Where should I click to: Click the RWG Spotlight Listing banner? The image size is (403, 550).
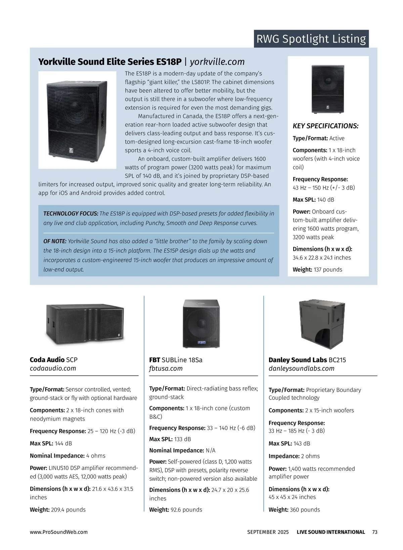(x=311, y=39)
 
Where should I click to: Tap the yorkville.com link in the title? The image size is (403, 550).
(x=217, y=62)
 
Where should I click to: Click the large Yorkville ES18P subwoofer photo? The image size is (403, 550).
(x=77, y=120)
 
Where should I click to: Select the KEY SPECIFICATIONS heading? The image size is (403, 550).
(x=325, y=126)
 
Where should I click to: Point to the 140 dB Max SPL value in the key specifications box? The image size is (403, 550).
(x=326, y=200)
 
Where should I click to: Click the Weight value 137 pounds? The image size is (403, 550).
(x=328, y=270)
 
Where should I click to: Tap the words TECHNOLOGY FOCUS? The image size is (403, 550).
(x=71, y=214)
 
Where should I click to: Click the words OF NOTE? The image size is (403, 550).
(x=55, y=241)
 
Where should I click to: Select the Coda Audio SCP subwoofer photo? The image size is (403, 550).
(x=85, y=324)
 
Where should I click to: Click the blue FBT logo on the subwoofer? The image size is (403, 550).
(x=201, y=342)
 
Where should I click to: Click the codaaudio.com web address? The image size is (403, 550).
(x=53, y=368)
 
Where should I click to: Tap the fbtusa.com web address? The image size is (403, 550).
(x=166, y=368)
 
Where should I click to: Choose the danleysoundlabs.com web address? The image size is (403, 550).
(x=301, y=368)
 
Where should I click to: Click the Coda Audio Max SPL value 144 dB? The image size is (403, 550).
(x=63, y=444)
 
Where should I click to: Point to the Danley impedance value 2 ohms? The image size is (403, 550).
(x=310, y=456)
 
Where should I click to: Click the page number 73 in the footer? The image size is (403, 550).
(x=375, y=532)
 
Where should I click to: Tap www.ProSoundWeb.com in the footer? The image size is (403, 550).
(x=59, y=532)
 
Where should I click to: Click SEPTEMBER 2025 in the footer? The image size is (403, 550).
(x=268, y=532)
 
